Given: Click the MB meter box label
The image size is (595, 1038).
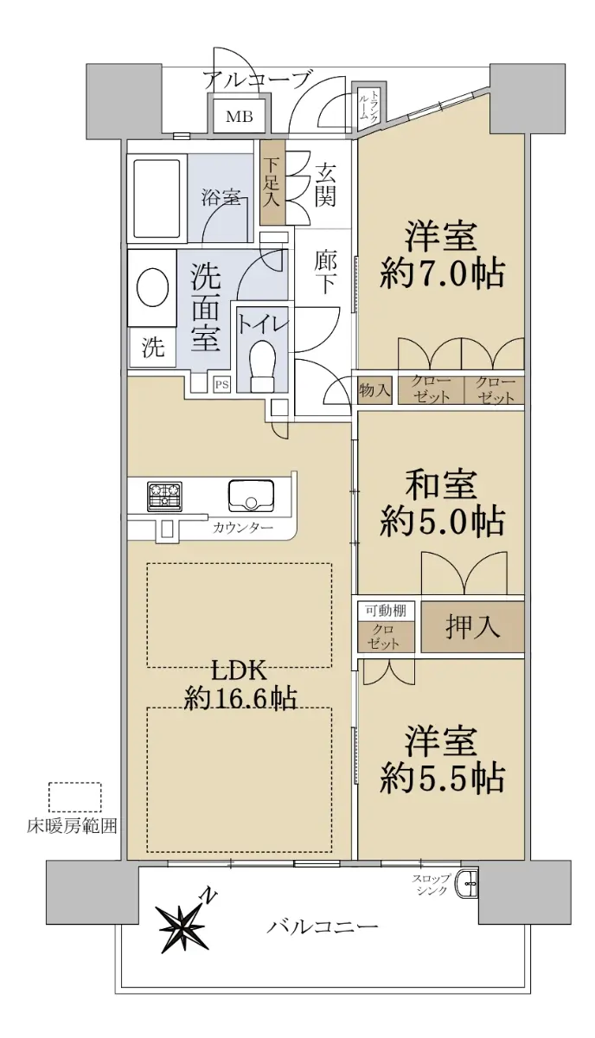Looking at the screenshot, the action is [239, 116].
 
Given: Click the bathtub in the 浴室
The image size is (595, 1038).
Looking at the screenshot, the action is [157, 198].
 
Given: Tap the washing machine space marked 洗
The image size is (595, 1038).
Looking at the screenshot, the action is [152, 347].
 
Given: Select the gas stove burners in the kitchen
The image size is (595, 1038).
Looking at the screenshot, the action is [164, 497].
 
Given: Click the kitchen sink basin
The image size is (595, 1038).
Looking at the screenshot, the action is [250, 496].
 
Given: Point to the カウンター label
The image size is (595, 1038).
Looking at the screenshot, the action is [243, 528].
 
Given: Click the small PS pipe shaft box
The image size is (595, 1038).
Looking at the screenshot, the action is [221, 384].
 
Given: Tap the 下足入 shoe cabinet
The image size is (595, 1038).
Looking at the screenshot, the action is [272, 183].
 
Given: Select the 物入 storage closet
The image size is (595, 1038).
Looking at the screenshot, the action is [374, 390].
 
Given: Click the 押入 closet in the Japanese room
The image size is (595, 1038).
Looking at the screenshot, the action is [472, 627].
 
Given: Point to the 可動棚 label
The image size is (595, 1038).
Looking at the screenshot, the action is [386, 611].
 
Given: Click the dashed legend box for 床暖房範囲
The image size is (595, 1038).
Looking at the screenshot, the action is [75, 798].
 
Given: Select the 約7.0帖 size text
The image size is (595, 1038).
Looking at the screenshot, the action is [442, 275].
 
